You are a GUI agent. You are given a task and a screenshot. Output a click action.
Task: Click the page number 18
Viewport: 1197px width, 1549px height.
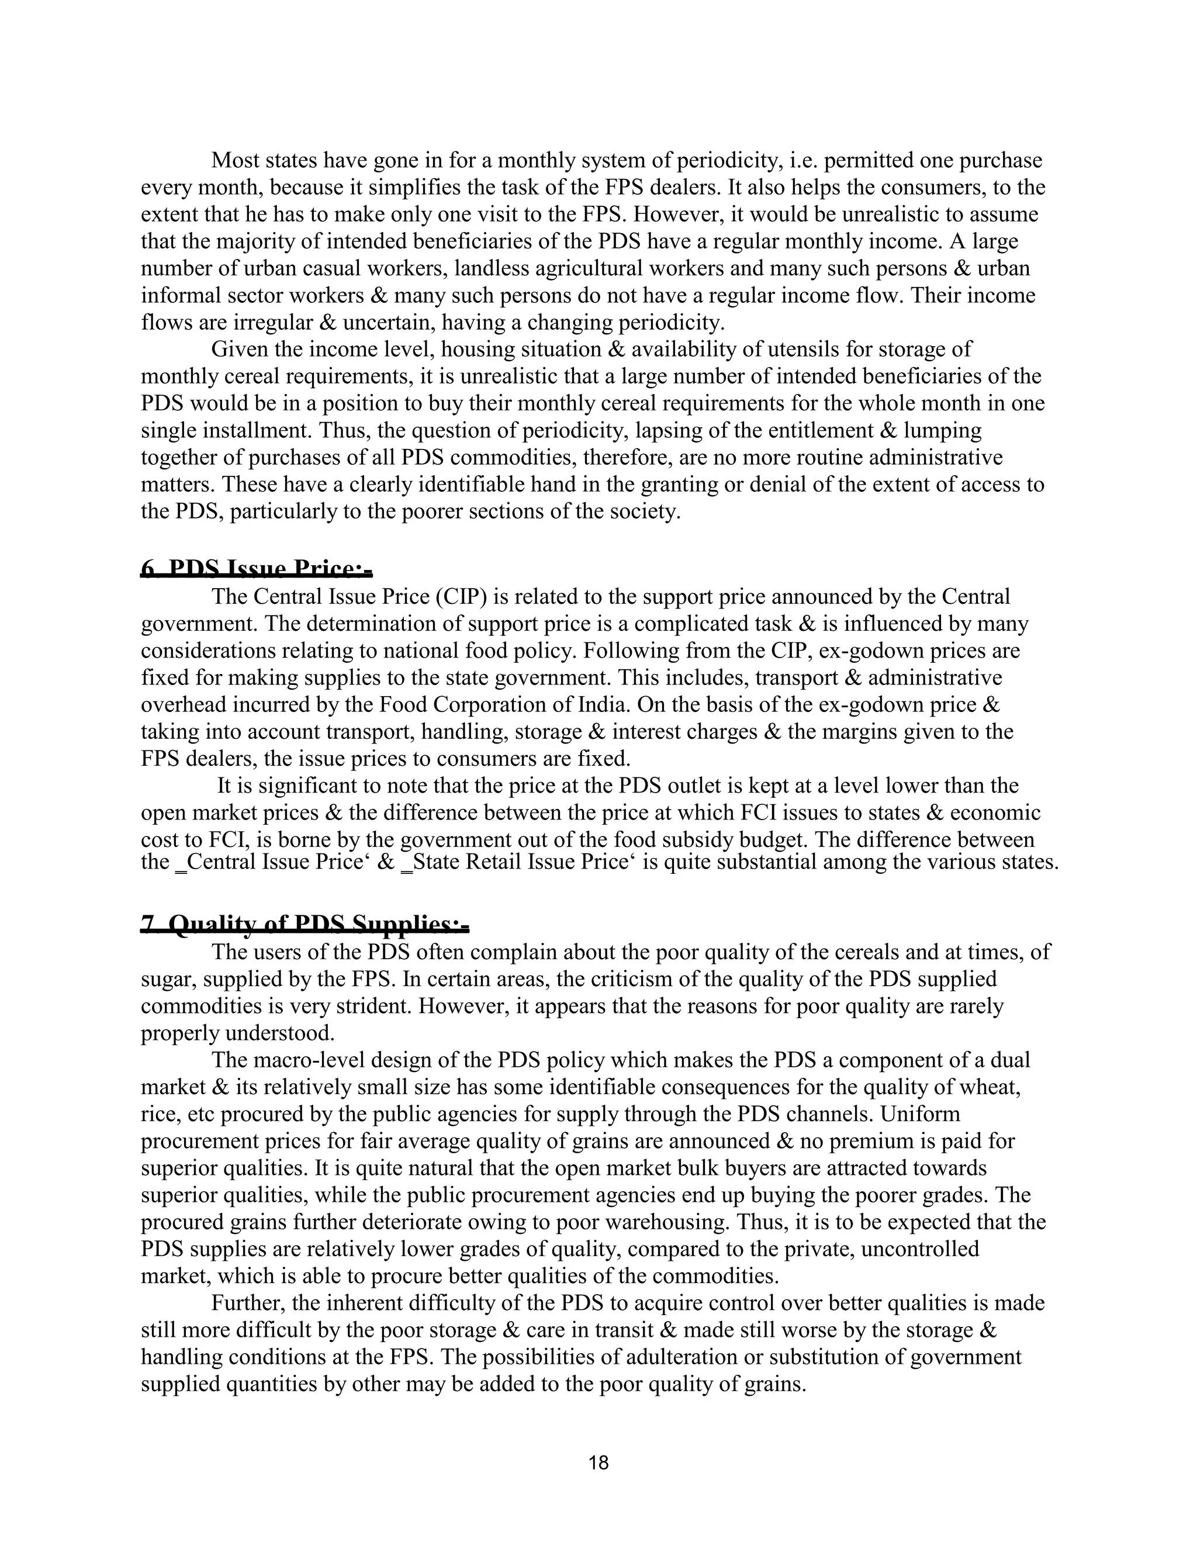pyautogui.click(x=598, y=1462)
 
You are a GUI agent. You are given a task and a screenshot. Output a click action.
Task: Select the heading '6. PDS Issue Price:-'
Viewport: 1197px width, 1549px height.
pyautogui.click(x=257, y=569)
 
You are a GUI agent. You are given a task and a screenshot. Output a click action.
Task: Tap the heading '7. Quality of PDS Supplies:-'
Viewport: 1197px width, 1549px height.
pyautogui.click(x=305, y=924)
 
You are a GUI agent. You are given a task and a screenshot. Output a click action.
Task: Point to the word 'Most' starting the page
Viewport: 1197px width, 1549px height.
pyautogui.click(x=236, y=161)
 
